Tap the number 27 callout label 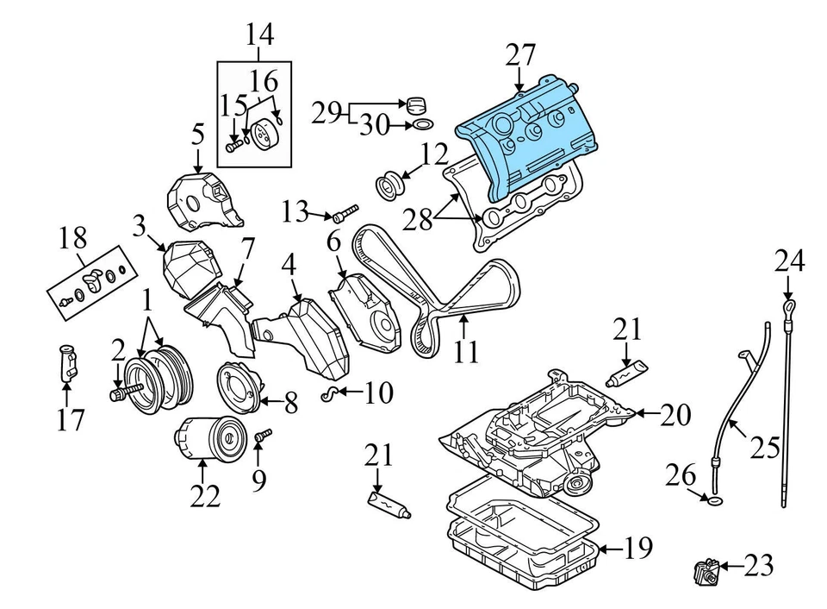(x=520, y=57)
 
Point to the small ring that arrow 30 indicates (x=422, y=126)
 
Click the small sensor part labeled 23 (x=703, y=570)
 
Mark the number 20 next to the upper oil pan (x=676, y=415)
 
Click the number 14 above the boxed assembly (x=259, y=35)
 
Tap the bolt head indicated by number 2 (x=116, y=395)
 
